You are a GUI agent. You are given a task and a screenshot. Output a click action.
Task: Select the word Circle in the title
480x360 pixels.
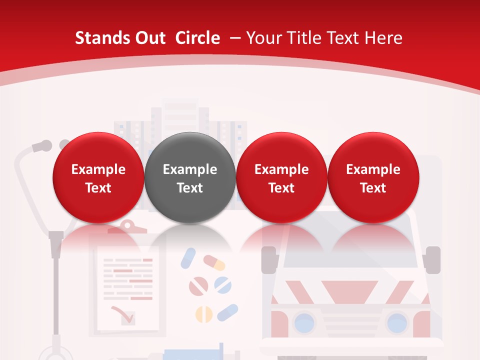pyautogui.click(x=197, y=38)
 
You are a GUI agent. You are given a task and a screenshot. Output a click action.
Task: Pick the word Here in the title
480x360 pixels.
pyautogui.click(x=383, y=38)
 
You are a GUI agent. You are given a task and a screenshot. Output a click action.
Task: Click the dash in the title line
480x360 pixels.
pyautogui.click(x=236, y=38)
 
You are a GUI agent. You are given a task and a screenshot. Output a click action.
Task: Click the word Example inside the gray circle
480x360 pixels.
pyautogui.click(x=190, y=169)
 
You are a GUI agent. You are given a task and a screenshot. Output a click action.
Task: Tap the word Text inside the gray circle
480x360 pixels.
pyautogui.click(x=190, y=188)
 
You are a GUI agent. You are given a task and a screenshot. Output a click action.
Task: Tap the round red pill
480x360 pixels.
pyautogui.click(x=198, y=286)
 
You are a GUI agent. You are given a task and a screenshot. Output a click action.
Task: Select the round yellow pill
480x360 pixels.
pyautogui.click(x=203, y=313)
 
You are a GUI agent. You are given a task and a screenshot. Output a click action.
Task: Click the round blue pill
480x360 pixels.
pyautogui.click(x=223, y=285)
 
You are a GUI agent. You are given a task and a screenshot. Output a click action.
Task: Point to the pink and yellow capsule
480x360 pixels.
pyautogui.click(x=214, y=262)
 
